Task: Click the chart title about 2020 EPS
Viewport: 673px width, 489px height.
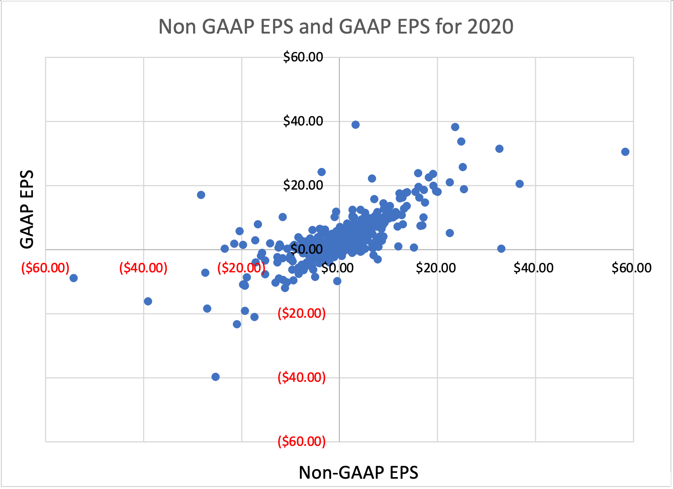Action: tap(336, 27)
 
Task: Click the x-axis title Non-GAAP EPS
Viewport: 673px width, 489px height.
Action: tap(358, 472)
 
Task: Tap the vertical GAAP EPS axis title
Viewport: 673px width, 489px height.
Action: tap(27, 209)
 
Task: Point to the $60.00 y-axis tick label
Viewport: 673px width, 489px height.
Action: tap(303, 57)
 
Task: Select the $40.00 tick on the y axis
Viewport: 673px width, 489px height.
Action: tap(303, 121)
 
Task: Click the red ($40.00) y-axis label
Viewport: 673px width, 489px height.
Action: tap(301, 378)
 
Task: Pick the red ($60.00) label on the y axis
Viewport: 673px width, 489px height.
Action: tap(301, 442)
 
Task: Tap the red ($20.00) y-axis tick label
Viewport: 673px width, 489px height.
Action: tap(301, 314)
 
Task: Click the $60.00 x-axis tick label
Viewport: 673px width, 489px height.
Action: tap(631, 268)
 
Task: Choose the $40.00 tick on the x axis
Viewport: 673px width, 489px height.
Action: tap(533, 268)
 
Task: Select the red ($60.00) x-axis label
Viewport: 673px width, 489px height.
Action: tap(45, 268)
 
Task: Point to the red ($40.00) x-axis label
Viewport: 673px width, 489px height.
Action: tap(143, 268)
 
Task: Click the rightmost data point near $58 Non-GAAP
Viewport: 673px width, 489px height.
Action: tap(625, 152)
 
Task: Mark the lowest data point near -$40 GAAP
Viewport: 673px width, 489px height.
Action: tap(216, 377)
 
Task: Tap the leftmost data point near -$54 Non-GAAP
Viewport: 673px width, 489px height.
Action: tap(74, 278)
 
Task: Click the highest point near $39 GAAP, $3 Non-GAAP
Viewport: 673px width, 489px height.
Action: tap(356, 125)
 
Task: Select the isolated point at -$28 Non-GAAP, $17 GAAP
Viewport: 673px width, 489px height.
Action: tap(201, 195)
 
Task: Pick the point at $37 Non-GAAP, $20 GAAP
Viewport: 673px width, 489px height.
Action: tap(520, 184)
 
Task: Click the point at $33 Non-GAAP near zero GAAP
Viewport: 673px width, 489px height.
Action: tap(501, 249)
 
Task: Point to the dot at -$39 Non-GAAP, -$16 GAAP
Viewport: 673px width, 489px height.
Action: tap(148, 301)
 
